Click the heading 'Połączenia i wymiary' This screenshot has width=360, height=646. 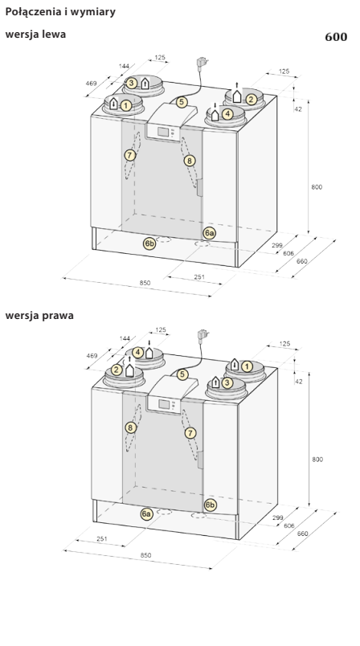[x=60, y=12]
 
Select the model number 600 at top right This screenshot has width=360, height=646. [x=336, y=37]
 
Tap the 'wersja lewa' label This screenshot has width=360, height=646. [x=35, y=35]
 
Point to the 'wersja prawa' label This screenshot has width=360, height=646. [x=39, y=316]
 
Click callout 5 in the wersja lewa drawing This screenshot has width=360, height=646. [x=182, y=102]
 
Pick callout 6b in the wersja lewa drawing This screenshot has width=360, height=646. [x=149, y=243]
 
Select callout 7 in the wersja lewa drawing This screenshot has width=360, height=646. [x=129, y=155]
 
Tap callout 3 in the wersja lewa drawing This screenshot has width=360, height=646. [x=131, y=84]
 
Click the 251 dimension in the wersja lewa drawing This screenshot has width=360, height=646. [x=199, y=277]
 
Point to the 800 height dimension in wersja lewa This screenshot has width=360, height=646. [x=317, y=187]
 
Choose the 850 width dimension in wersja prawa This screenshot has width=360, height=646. [x=145, y=555]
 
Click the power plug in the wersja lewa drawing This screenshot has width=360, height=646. [x=202, y=63]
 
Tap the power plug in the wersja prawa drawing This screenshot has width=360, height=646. [x=202, y=334]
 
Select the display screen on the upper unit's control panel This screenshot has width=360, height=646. [x=163, y=133]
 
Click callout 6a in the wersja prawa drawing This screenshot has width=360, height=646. [x=146, y=513]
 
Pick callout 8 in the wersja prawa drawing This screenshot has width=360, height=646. [x=131, y=427]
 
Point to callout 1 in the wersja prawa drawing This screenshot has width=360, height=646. [x=247, y=366]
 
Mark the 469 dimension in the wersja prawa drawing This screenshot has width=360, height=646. [x=92, y=356]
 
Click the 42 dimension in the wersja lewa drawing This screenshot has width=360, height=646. [x=299, y=109]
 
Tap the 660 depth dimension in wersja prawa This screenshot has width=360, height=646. [x=302, y=534]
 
